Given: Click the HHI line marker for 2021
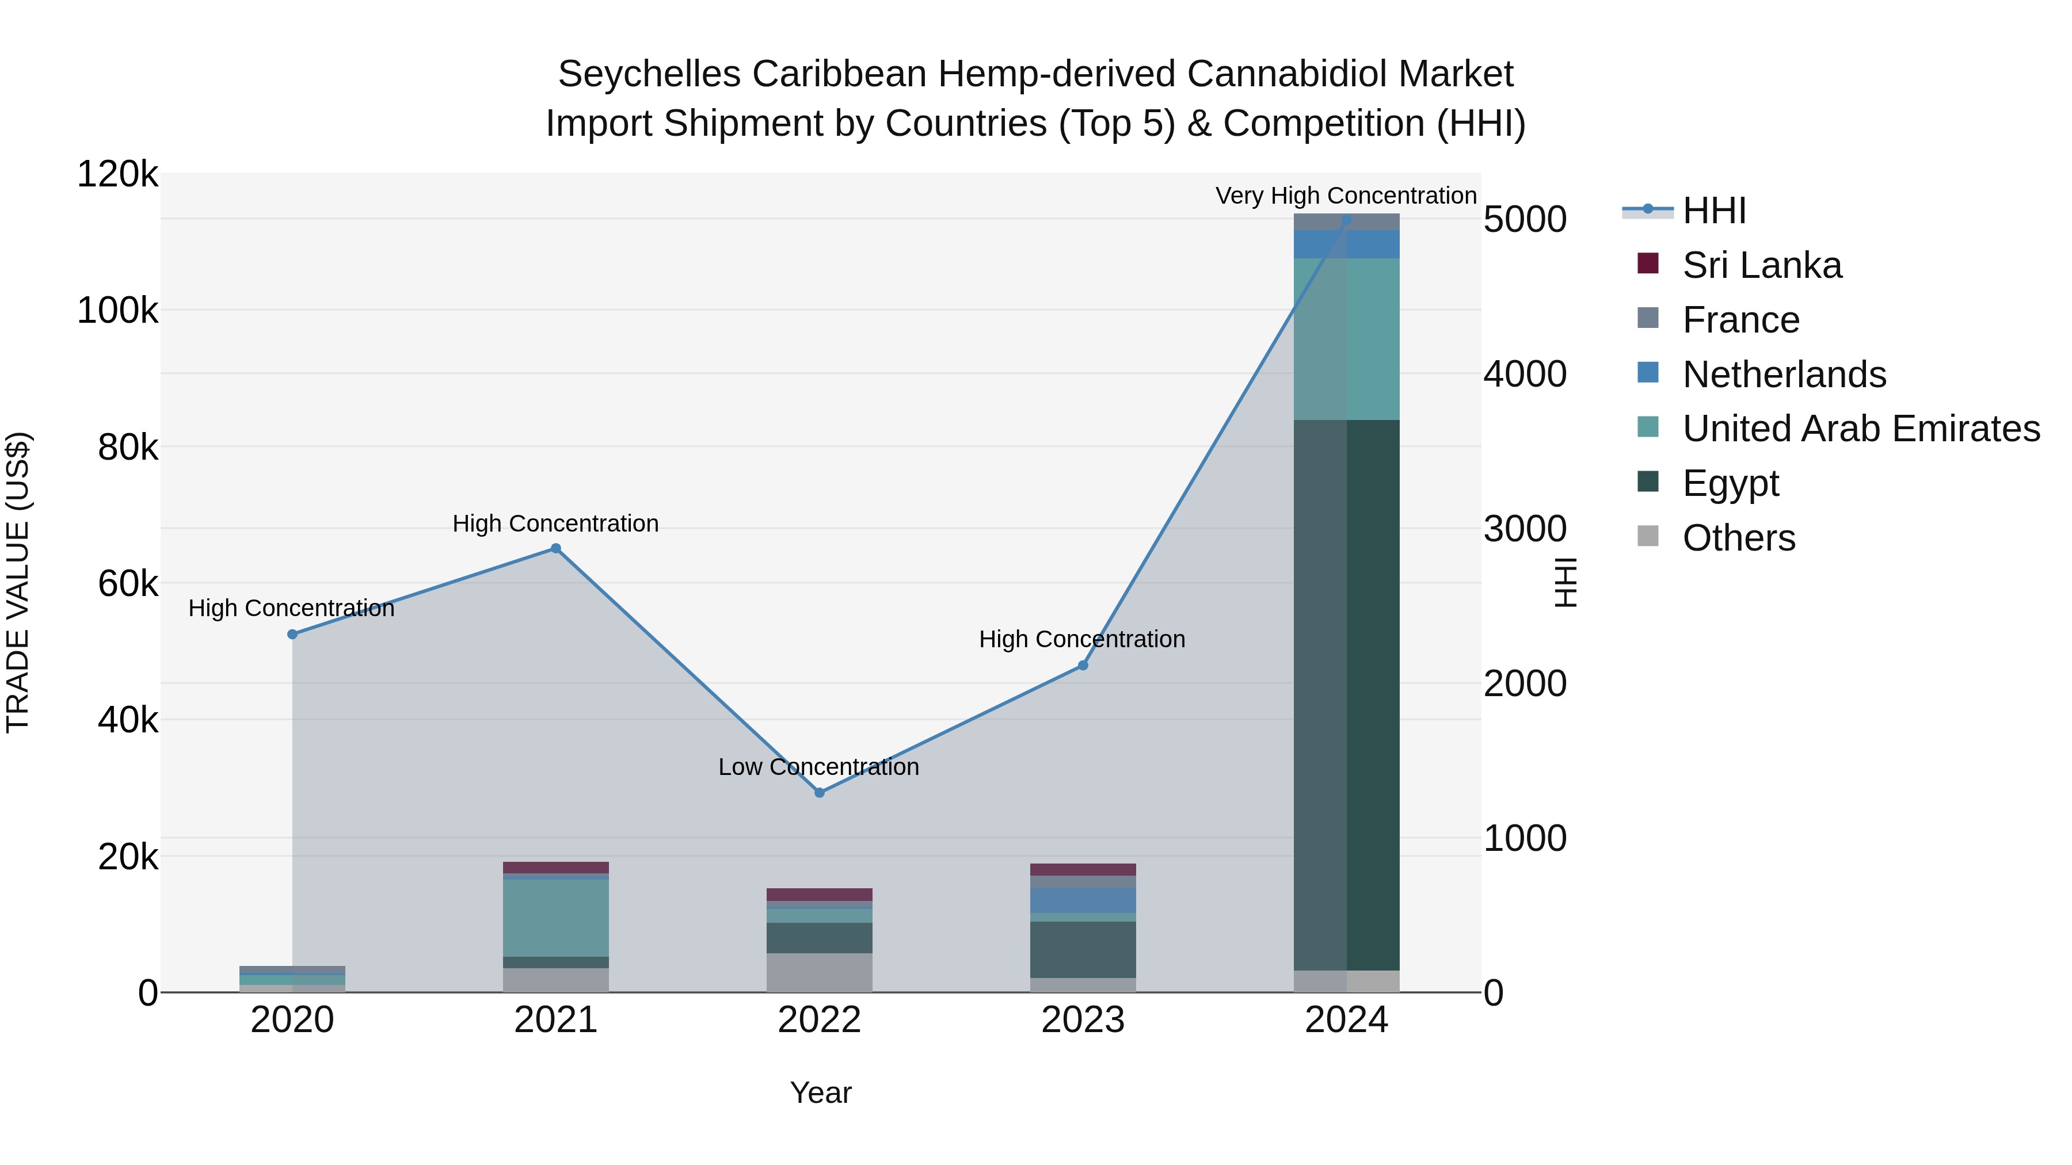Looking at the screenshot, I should (555, 548).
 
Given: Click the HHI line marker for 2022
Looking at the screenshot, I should (819, 793).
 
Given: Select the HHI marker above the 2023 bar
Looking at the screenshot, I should (1083, 666).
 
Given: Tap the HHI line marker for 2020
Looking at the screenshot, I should (292, 635).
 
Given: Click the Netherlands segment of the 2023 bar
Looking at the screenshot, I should (1083, 900).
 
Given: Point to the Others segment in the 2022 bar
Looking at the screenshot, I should (819, 972).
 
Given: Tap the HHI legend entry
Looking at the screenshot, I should (1713, 211).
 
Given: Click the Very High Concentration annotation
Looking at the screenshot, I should (1346, 196).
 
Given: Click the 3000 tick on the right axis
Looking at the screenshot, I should (1524, 529).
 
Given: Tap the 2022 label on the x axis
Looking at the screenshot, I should (819, 1020).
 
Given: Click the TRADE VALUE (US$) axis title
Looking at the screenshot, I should (18, 582).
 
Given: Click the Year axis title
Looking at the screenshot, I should (820, 1093).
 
